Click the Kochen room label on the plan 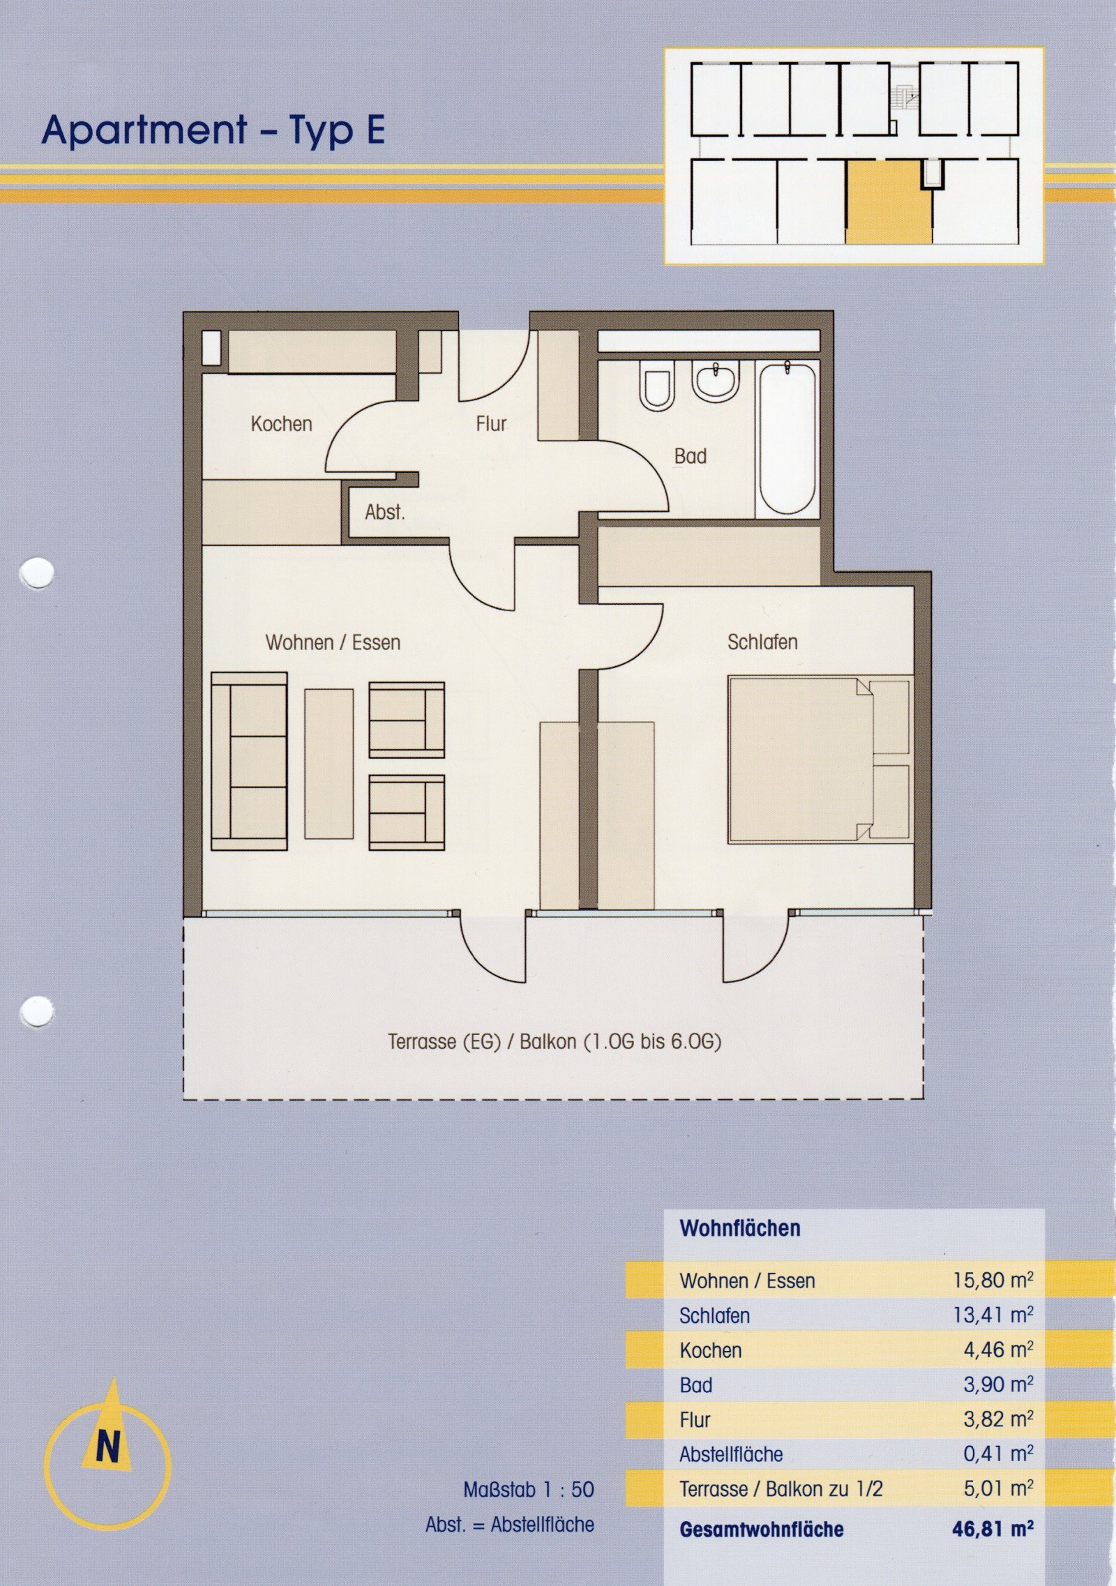(281, 423)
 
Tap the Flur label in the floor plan (491, 423)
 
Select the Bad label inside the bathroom (690, 456)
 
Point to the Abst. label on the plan (384, 512)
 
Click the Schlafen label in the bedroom (762, 642)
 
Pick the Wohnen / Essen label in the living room (333, 642)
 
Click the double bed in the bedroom (820, 759)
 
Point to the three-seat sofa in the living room (249, 761)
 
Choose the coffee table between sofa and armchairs (329, 763)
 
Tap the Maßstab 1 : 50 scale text (529, 1490)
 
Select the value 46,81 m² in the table (993, 1530)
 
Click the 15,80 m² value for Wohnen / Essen (993, 1281)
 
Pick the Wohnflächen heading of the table (740, 1228)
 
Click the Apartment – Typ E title (213, 130)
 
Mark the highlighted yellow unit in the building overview (889, 201)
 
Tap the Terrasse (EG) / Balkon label (555, 1041)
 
